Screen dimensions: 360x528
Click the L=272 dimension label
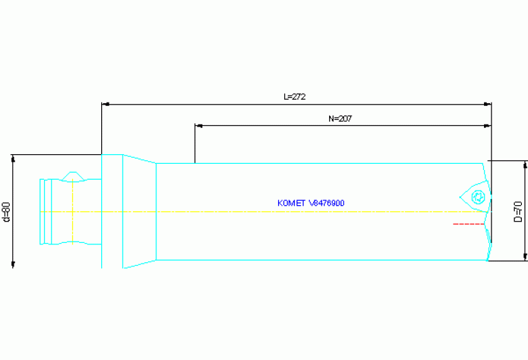295,97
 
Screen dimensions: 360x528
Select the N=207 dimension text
341,118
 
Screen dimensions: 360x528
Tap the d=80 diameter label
6,211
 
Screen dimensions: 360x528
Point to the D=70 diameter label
518,211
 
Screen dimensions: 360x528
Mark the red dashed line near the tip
468,224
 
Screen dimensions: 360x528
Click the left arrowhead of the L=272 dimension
105,105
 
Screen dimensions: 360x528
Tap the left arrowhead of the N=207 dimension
198,126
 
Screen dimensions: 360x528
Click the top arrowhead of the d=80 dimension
13,158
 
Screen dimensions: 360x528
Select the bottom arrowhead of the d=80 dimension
13,264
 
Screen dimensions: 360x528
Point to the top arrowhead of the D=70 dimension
525,164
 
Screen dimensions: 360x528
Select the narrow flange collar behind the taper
112,211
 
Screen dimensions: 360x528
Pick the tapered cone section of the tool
140,211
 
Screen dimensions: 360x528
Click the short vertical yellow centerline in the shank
72,211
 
